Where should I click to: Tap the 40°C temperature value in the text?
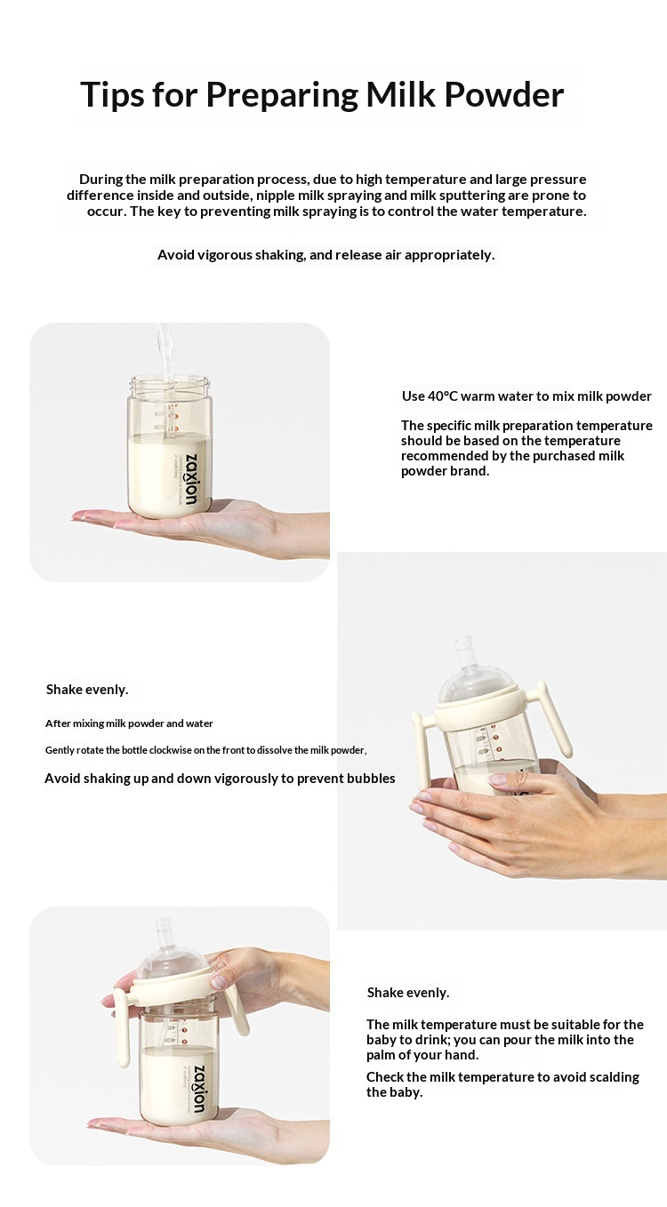(x=442, y=396)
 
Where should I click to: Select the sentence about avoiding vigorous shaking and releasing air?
(x=325, y=255)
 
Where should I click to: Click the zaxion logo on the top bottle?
(x=191, y=480)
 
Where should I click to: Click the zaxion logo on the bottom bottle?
(x=198, y=1089)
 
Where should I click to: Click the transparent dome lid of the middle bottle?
(x=475, y=684)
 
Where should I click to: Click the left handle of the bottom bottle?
(x=122, y=1028)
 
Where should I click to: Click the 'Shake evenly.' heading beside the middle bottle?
(x=87, y=689)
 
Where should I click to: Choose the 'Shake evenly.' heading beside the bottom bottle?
(x=407, y=992)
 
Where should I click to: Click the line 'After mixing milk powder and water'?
(x=129, y=723)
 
